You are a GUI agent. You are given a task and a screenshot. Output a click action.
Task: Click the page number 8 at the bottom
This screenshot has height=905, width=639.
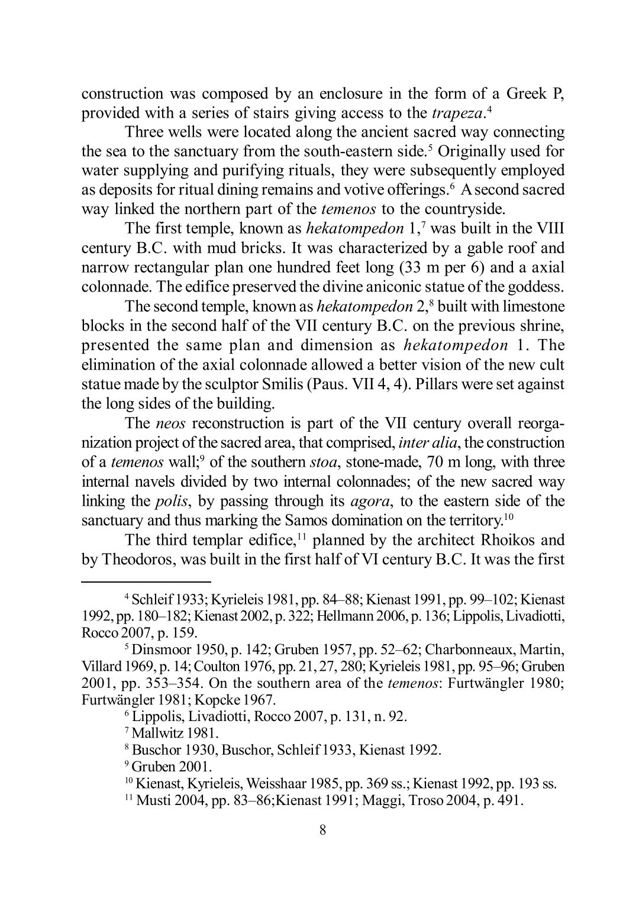(x=322, y=829)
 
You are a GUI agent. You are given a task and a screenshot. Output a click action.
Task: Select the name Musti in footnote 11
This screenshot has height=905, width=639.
(x=151, y=800)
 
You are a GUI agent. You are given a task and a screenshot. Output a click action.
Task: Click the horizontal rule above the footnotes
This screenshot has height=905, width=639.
(x=146, y=581)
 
